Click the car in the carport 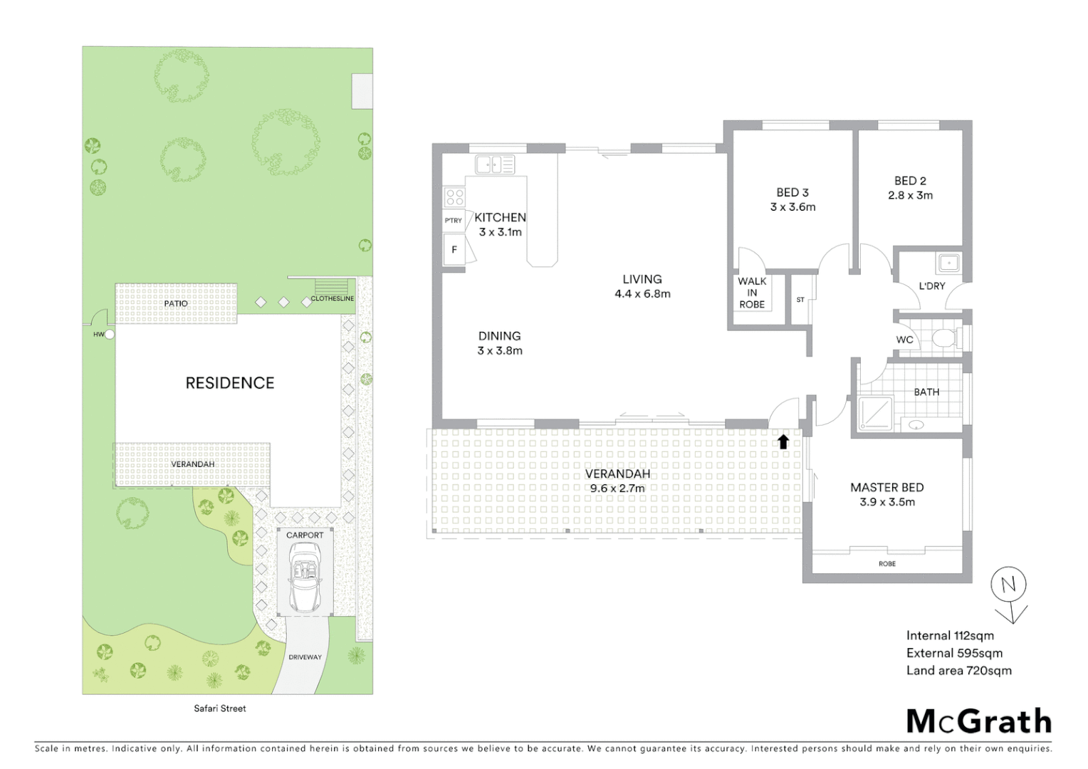pyautogui.click(x=305, y=577)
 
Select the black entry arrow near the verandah pyautogui.click(x=783, y=441)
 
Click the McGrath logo pyautogui.click(x=979, y=721)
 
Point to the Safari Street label pyautogui.click(x=220, y=708)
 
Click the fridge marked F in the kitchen pyautogui.click(x=454, y=250)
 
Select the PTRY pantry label pyautogui.click(x=454, y=221)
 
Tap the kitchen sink pyautogui.click(x=495, y=165)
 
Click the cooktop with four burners pyautogui.click(x=454, y=197)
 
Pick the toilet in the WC pyautogui.click(x=945, y=338)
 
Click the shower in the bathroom pyautogui.click(x=875, y=414)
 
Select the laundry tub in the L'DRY pyautogui.click(x=949, y=263)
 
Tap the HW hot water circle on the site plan pyautogui.click(x=109, y=334)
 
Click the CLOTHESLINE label pyautogui.click(x=332, y=298)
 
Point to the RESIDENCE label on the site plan pyautogui.click(x=229, y=383)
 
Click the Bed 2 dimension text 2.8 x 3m pyautogui.click(x=910, y=195)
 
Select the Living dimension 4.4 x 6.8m pyautogui.click(x=642, y=293)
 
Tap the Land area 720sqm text pyautogui.click(x=958, y=671)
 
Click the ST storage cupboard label pyautogui.click(x=800, y=300)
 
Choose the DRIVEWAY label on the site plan pyautogui.click(x=305, y=657)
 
